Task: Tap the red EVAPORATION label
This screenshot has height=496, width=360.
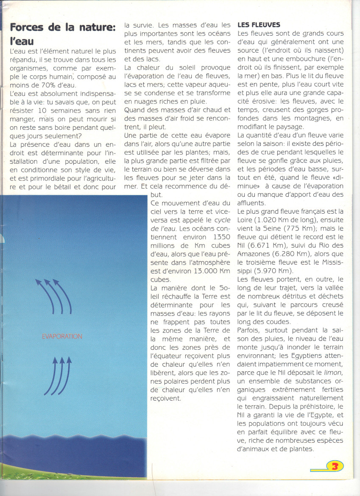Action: coord(62,337)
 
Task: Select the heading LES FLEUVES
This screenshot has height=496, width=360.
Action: coord(259,25)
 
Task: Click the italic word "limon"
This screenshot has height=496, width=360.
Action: coord(333,373)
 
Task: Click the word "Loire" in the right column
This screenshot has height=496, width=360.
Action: coord(247,220)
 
